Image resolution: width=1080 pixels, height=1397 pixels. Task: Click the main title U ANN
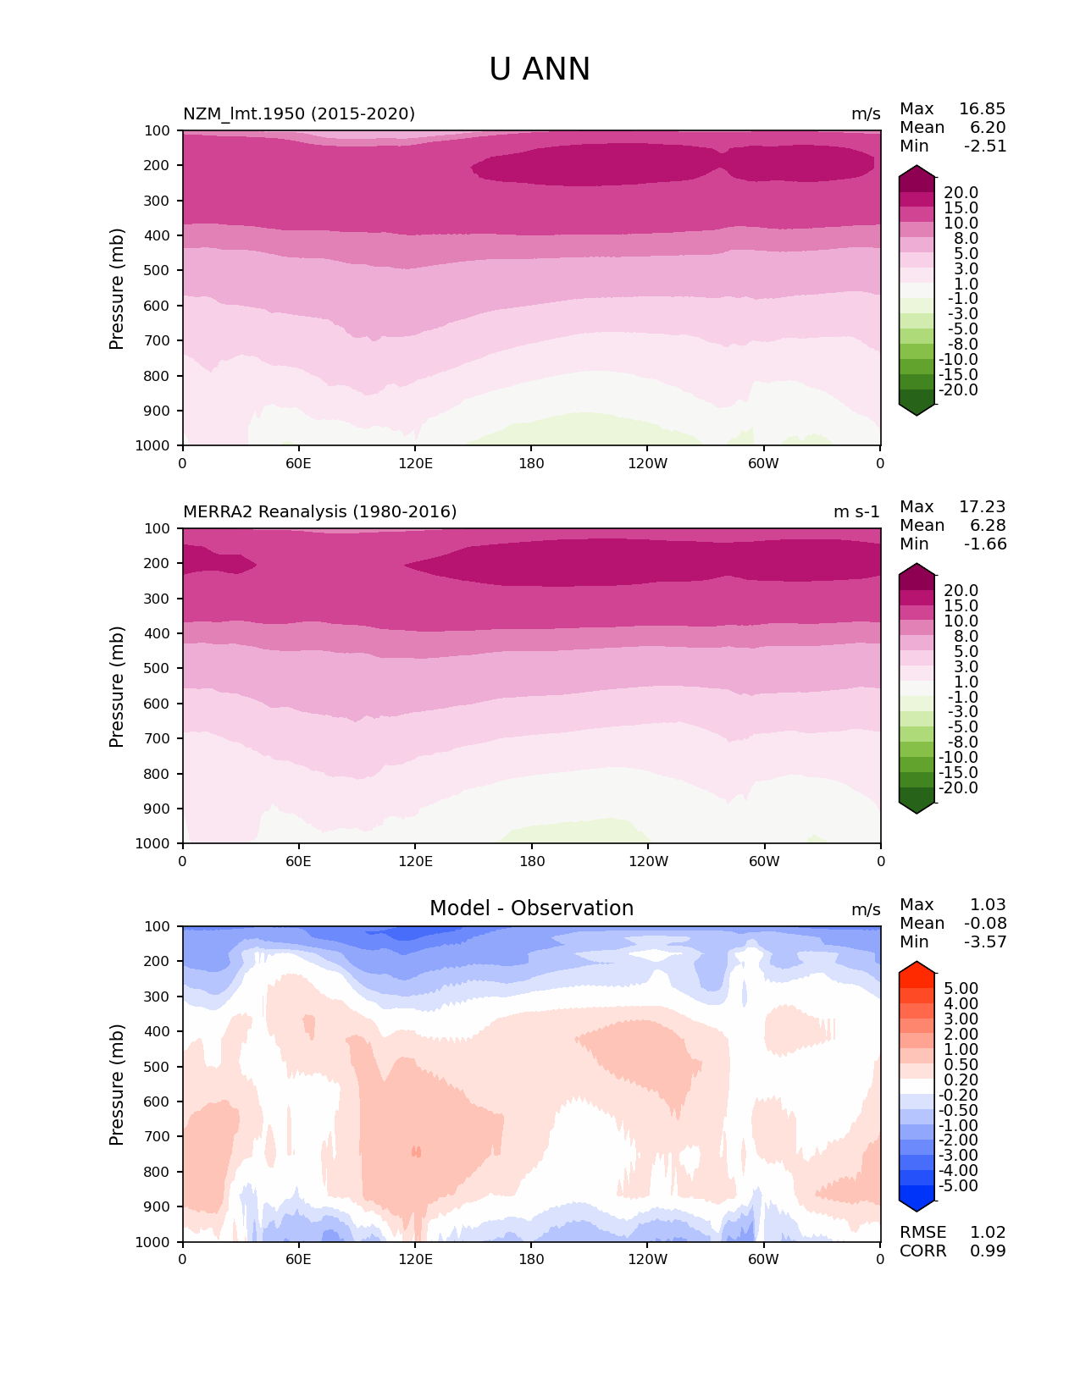click(540, 69)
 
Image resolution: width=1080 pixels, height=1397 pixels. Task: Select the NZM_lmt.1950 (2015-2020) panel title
click(299, 113)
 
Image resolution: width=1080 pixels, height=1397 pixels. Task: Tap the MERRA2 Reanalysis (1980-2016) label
click(319, 511)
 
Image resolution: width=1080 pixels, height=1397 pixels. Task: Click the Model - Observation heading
click(531, 908)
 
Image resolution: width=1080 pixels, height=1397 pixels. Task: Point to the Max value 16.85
click(982, 108)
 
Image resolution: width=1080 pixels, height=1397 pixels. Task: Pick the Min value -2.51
click(985, 146)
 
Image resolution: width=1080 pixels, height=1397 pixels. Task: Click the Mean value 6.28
click(988, 525)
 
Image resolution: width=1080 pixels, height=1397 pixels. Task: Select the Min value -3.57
click(985, 941)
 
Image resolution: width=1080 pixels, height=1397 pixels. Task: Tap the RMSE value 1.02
click(988, 1232)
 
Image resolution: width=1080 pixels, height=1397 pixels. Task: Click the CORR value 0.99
click(988, 1251)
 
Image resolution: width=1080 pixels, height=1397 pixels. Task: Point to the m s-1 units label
click(856, 511)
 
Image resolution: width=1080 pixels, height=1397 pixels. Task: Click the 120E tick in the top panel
click(415, 463)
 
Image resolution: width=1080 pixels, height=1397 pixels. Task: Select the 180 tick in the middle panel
click(531, 861)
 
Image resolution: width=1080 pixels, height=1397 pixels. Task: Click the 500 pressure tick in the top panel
click(158, 270)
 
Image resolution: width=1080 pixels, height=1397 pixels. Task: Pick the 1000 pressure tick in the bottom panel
click(153, 1242)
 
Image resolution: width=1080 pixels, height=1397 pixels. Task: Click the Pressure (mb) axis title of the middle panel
click(117, 686)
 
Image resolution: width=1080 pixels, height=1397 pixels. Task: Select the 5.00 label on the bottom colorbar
click(961, 988)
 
